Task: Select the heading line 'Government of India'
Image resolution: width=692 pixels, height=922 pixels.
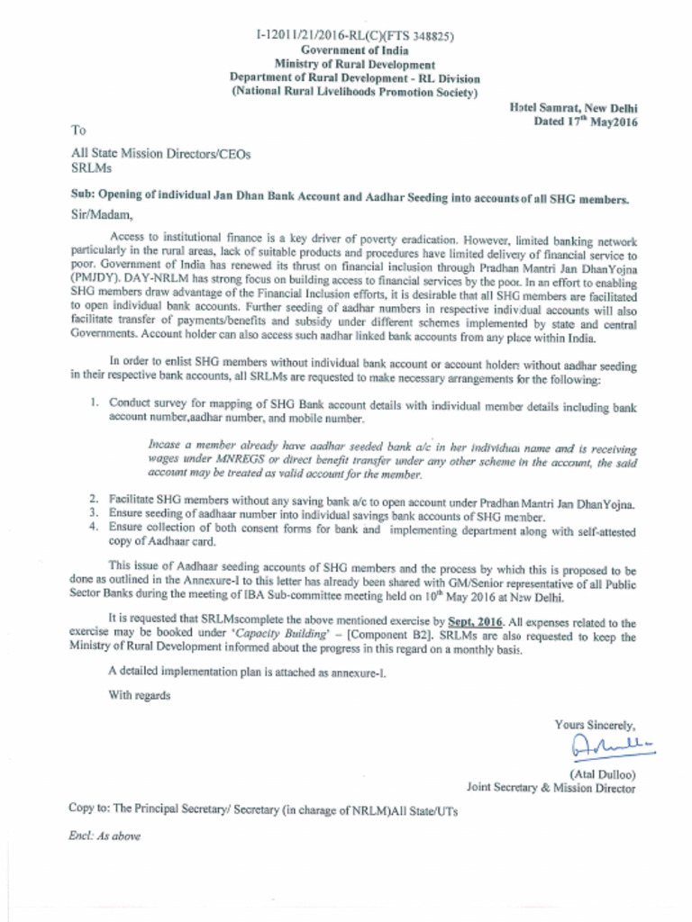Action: pyautogui.click(x=354, y=50)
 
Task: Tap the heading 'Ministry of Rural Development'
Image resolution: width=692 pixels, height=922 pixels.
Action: pyautogui.click(x=354, y=65)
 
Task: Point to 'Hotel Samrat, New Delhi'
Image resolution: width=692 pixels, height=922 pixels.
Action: pyautogui.click(x=573, y=107)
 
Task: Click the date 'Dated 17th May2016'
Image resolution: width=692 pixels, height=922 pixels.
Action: pyautogui.click(x=585, y=122)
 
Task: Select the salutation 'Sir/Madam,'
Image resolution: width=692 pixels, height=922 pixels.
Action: pyautogui.click(x=101, y=214)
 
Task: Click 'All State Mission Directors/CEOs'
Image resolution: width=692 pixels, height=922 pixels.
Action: pyautogui.click(x=160, y=154)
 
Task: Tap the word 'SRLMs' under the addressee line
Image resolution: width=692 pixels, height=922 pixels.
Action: pyautogui.click(x=91, y=168)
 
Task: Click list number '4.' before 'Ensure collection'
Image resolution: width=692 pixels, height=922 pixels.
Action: pyautogui.click(x=95, y=527)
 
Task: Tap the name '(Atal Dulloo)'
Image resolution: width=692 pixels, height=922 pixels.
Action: pyautogui.click(x=602, y=773)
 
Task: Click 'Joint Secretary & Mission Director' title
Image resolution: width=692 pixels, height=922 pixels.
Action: pyautogui.click(x=551, y=788)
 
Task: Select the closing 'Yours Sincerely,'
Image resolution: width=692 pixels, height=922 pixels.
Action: pyautogui.click(x=595, y=725)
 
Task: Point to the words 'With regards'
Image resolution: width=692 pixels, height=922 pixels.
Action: pyautogui.click(x=139, y=694)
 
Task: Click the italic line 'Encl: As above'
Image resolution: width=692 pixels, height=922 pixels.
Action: pyautogui.click(x=105, y=836)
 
